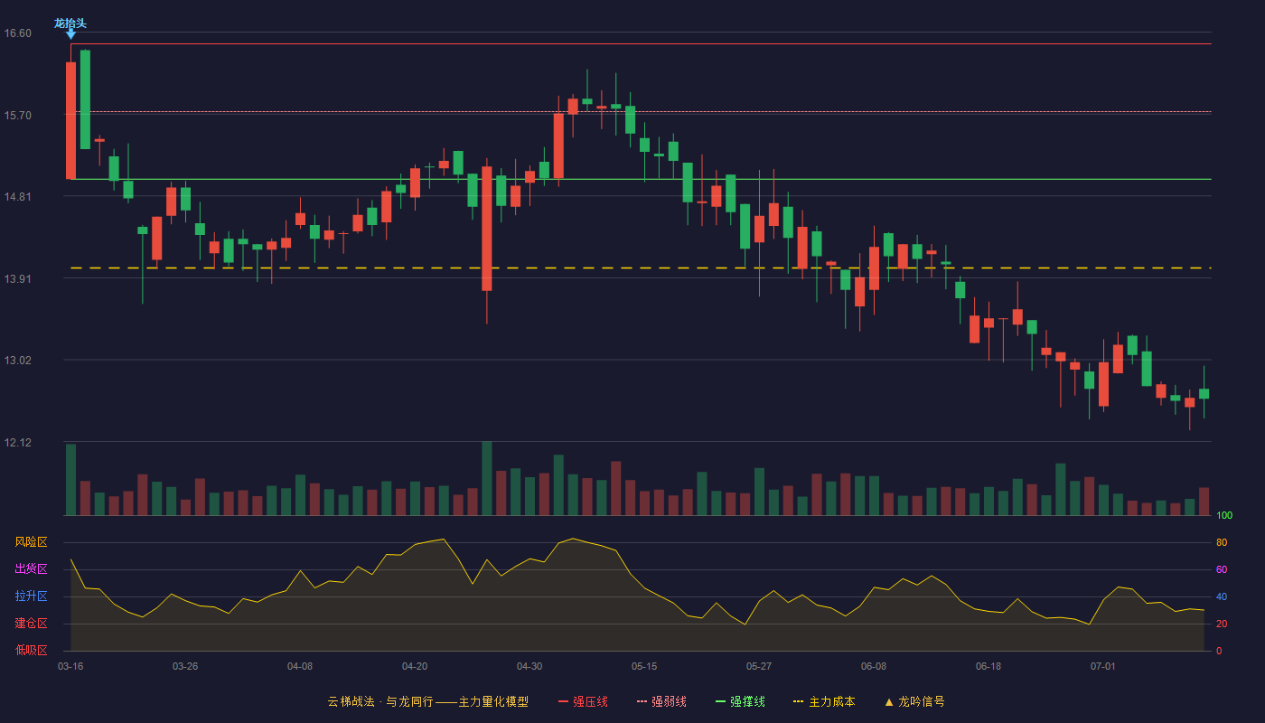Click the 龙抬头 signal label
(70, 23)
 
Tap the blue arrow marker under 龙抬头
(70, 34)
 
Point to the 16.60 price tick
(18, 33)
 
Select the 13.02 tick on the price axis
(18, 361)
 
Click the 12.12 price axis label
(18, 442)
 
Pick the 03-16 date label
(70, 667)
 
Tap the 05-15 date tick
(644, 667)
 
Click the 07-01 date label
(1103, 667)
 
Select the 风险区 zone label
(31, 542)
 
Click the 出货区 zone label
(31, 568)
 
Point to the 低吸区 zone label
(31, 650)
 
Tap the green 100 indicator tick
(1224, 515)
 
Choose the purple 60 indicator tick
(1222, 569)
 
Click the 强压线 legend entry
(584, 701)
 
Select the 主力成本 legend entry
(824, 701)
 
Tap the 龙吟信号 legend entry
(914, 701)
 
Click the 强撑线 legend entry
(740, 701)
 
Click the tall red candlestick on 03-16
(71, 120)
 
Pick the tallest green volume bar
(487, 478)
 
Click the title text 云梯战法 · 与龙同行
(380, 701)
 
